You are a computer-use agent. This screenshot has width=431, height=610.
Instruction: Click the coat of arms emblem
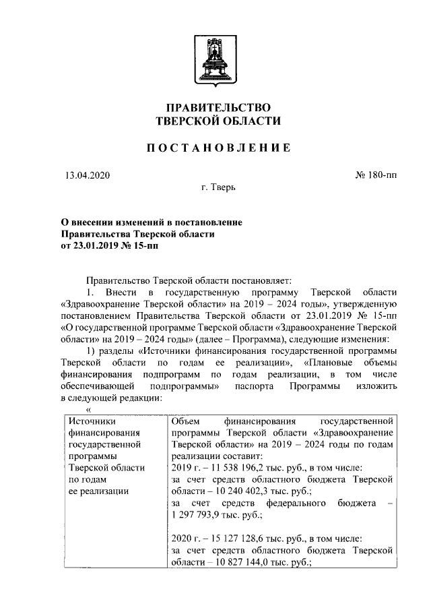click(215, 58)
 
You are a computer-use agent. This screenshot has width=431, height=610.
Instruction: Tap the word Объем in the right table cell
click(186, 421)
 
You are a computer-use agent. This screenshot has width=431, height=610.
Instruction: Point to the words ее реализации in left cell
click(99, 491)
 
